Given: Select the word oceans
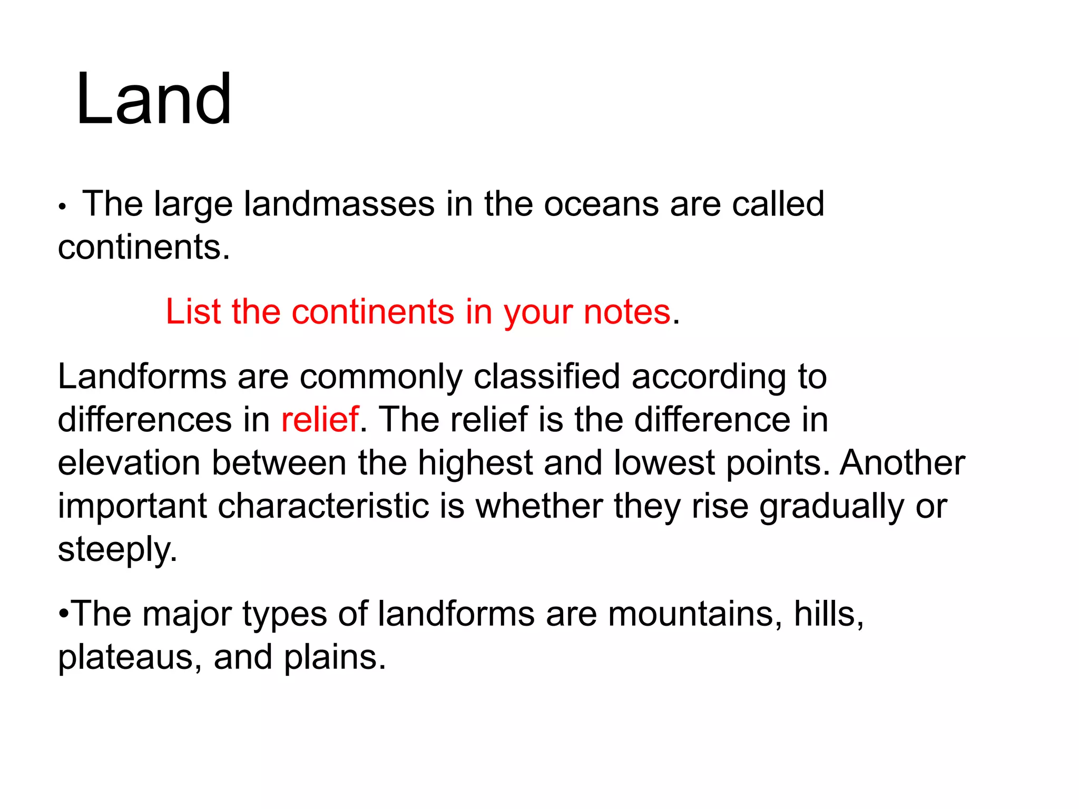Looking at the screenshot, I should [x=601, y=204].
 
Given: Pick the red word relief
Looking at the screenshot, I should [x=320, y=420].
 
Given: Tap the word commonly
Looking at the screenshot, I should [x=380, y=377].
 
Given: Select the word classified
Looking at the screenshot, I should [x=546, y=377].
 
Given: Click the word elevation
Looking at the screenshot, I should [x=129, y=463].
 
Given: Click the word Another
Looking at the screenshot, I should [x=902, y=463].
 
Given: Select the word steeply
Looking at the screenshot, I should [x=117, y=550].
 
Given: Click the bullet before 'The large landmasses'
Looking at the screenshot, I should [x=62, y=208].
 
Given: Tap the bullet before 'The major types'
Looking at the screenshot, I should [x=64, y=614].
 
